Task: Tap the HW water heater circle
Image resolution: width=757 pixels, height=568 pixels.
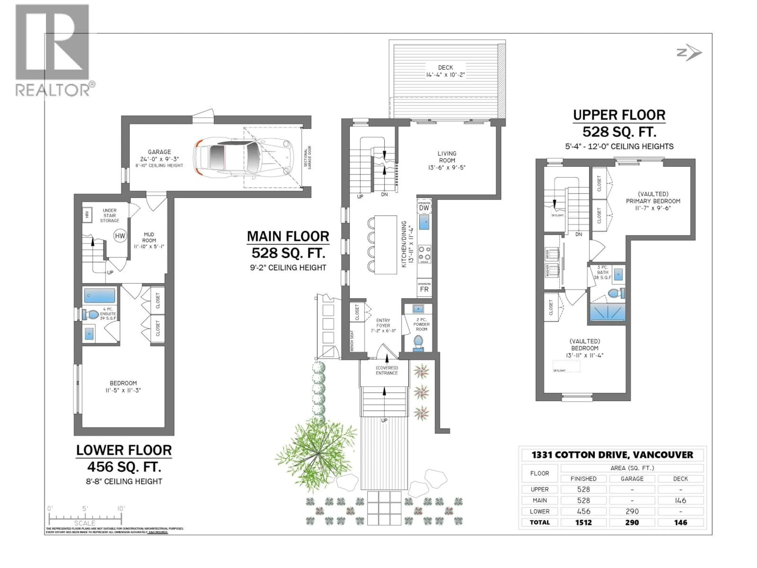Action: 120,235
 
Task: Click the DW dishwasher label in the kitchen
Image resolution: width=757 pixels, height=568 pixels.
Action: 424,208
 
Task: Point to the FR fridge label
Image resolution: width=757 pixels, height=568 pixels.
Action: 424,289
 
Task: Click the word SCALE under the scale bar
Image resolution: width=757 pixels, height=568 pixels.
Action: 85,523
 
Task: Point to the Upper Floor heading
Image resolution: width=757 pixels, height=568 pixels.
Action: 619,115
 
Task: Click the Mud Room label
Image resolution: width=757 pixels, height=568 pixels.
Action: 149,237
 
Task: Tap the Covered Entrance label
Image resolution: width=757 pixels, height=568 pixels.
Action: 387,370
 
